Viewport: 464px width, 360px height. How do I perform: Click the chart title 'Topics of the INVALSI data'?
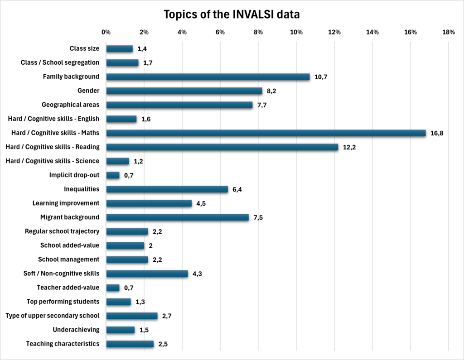point(232,14)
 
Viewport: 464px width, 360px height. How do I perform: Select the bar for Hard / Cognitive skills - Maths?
point(266,133)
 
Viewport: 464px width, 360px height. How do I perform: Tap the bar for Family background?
point(208,77)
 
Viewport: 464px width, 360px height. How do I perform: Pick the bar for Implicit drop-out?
point(113,175)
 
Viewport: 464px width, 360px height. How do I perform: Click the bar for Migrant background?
point(177,217)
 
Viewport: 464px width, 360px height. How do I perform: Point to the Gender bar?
point(184,91)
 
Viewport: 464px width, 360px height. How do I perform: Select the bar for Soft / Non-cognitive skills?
point(147,274)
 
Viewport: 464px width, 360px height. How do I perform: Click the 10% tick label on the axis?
point(296,32)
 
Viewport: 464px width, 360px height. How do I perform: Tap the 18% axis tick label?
point(449,32)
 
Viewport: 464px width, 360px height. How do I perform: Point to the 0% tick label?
point(106,32)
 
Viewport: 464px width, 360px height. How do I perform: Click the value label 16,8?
point(437,133)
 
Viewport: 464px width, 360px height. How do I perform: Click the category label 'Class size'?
point(84,48)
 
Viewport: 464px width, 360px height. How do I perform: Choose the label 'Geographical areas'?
point(70,105)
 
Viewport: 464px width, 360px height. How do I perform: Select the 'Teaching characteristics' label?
point(63,344)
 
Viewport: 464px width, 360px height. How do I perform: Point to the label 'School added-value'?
point(70,245)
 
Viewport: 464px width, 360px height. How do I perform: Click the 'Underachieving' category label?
point(76,330)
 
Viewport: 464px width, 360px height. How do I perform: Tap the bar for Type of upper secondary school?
point(131,316)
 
